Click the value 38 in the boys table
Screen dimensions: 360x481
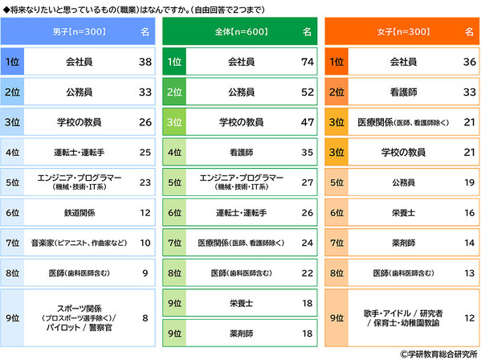pyautogui.click(x=145, y=61)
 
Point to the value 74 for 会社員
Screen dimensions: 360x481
pyautogui.click(x=305, y=61)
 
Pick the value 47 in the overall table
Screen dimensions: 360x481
pyautogui.click(x=305, y=122)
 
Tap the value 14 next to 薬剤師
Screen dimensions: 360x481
pyautogui.click(x=468, y=242)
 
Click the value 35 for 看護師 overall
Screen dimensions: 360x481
pyautogui.click(x=305, y=152)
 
